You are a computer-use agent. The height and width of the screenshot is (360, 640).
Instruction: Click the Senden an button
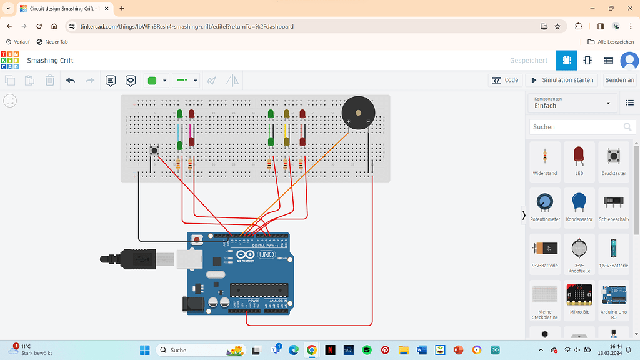(619, 80)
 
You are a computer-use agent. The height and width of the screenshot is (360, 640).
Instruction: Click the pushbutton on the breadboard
(154, 150)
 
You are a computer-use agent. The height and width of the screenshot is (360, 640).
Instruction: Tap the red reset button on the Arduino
(197, 239)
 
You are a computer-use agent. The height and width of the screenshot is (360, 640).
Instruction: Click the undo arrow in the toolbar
(71, 81)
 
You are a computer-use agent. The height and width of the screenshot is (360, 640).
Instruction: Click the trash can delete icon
(50, 81)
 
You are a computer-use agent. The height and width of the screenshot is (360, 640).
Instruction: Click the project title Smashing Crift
(50, 61)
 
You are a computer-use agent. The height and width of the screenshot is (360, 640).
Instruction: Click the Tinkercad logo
(10, 61)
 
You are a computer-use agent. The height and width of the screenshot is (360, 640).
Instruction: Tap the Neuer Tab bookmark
(52, 42)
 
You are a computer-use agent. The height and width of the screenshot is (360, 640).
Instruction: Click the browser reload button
(39, 26)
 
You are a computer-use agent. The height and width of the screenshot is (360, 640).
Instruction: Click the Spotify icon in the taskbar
(367, 350)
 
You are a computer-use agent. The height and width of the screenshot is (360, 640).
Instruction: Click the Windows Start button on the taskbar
(145, 350)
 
